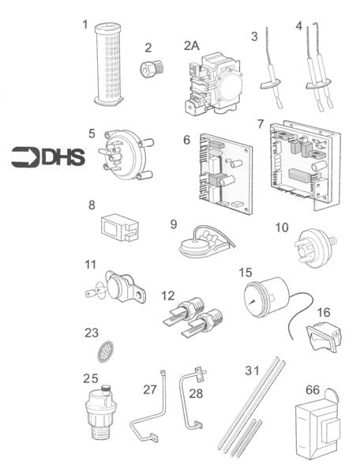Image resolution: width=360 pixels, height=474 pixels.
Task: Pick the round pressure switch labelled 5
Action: [x=122, y=155]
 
